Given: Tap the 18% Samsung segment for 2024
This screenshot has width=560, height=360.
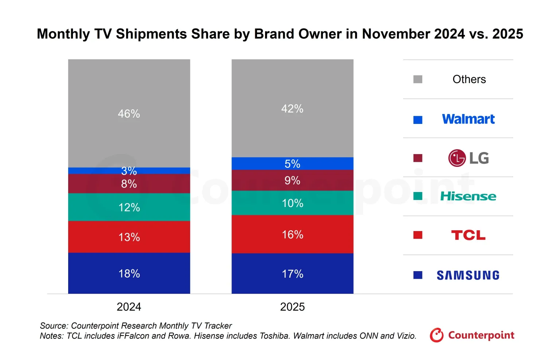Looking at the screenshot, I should (129, 273).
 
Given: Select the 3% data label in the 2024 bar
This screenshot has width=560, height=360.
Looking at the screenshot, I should (129, 171).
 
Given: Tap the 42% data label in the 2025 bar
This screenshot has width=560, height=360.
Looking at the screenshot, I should (292, 109).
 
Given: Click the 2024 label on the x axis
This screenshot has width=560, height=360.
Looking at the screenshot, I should (129, 307).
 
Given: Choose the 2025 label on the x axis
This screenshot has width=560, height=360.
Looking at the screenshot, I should (292, 307).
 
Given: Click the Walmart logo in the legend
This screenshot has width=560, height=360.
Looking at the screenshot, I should (468, 119).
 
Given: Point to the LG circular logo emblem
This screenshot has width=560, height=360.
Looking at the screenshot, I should (457, 158).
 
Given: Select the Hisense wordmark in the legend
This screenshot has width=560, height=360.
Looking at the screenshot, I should (468, 196).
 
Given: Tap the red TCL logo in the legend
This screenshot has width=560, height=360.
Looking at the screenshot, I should (468, 235).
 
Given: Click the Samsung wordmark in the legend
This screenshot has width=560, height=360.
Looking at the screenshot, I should (468, 275).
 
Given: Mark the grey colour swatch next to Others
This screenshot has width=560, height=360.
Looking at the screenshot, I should (418, 79).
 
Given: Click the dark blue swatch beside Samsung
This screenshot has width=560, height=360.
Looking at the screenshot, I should (418, 275).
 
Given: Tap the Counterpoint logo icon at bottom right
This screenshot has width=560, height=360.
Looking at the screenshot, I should (436, 335).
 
